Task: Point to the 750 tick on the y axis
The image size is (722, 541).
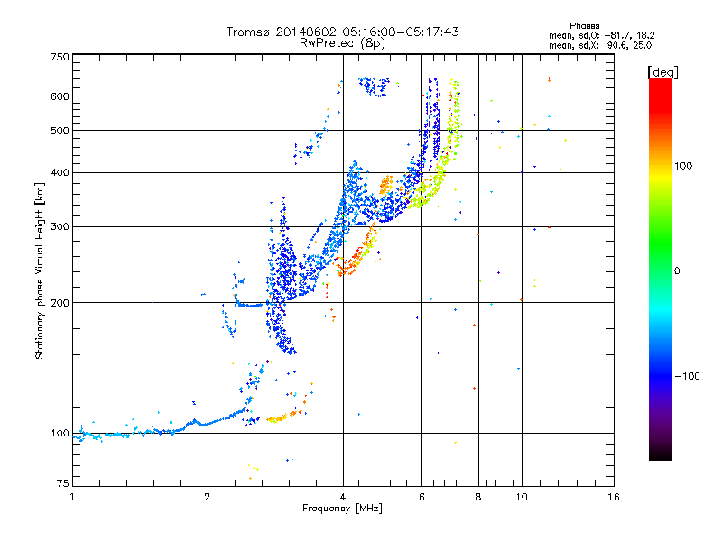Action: (59, 57)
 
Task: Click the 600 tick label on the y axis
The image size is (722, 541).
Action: (59, 96)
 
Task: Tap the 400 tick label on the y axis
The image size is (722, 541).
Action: (59, 172)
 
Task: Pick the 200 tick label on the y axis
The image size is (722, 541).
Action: (59, 303)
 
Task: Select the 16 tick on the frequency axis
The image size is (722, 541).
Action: (613, 497)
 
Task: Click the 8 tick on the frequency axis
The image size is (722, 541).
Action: (478, 497)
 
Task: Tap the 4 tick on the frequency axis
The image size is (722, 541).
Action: (343, 497)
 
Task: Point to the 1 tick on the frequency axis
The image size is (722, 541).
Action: (72, 497)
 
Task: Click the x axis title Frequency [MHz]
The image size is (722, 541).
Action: (342, 510)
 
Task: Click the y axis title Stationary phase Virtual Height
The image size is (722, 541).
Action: (40, 270)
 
